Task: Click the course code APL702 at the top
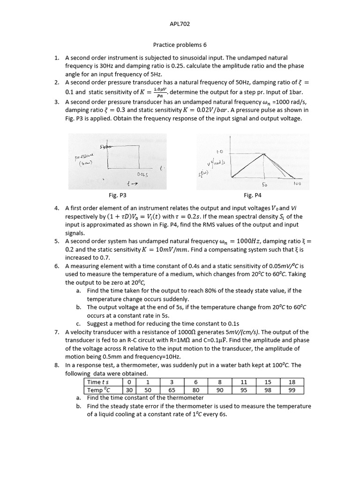(x=180, y=23)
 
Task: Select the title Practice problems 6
(x=180, y=45)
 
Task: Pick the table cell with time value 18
(x=292, y=382)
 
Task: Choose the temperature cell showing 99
(x=292, y=390)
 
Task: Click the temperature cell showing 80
(x=196, y=390)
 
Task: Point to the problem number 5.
(x=56, y=241)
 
